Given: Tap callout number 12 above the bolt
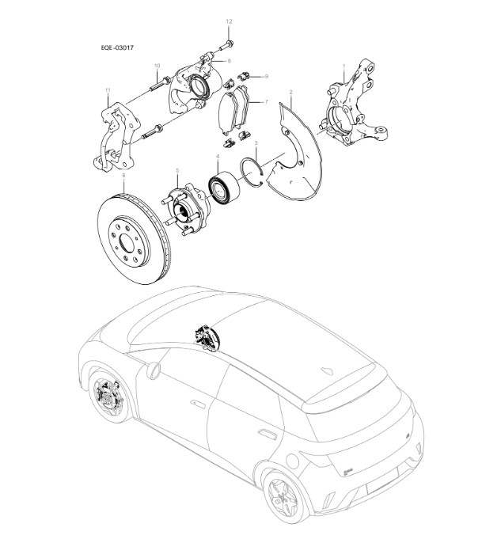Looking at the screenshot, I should (230, 20).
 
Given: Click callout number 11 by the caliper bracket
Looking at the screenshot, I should (107, 91).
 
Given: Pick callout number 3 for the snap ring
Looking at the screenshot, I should (256, 141).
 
